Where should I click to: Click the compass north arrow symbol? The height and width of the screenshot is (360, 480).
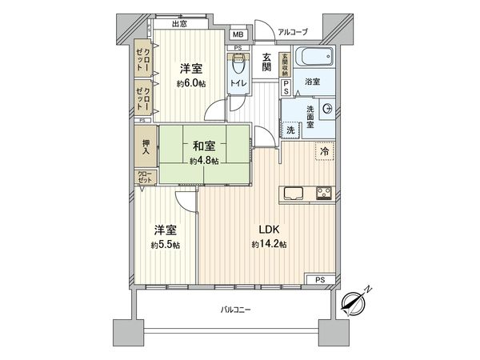click(354, 301)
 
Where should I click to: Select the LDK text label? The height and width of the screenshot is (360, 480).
click(268, 228)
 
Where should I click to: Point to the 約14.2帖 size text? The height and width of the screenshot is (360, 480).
click(268, 243)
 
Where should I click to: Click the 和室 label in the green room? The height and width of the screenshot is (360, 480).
click(203, 146)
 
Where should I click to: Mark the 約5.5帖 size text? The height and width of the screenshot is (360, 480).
click(166, 245)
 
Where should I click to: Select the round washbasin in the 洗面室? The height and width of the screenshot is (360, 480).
click(326, 109)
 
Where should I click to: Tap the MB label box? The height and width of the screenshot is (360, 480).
click(238, 35)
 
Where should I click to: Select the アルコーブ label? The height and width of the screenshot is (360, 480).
click(294, 32)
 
